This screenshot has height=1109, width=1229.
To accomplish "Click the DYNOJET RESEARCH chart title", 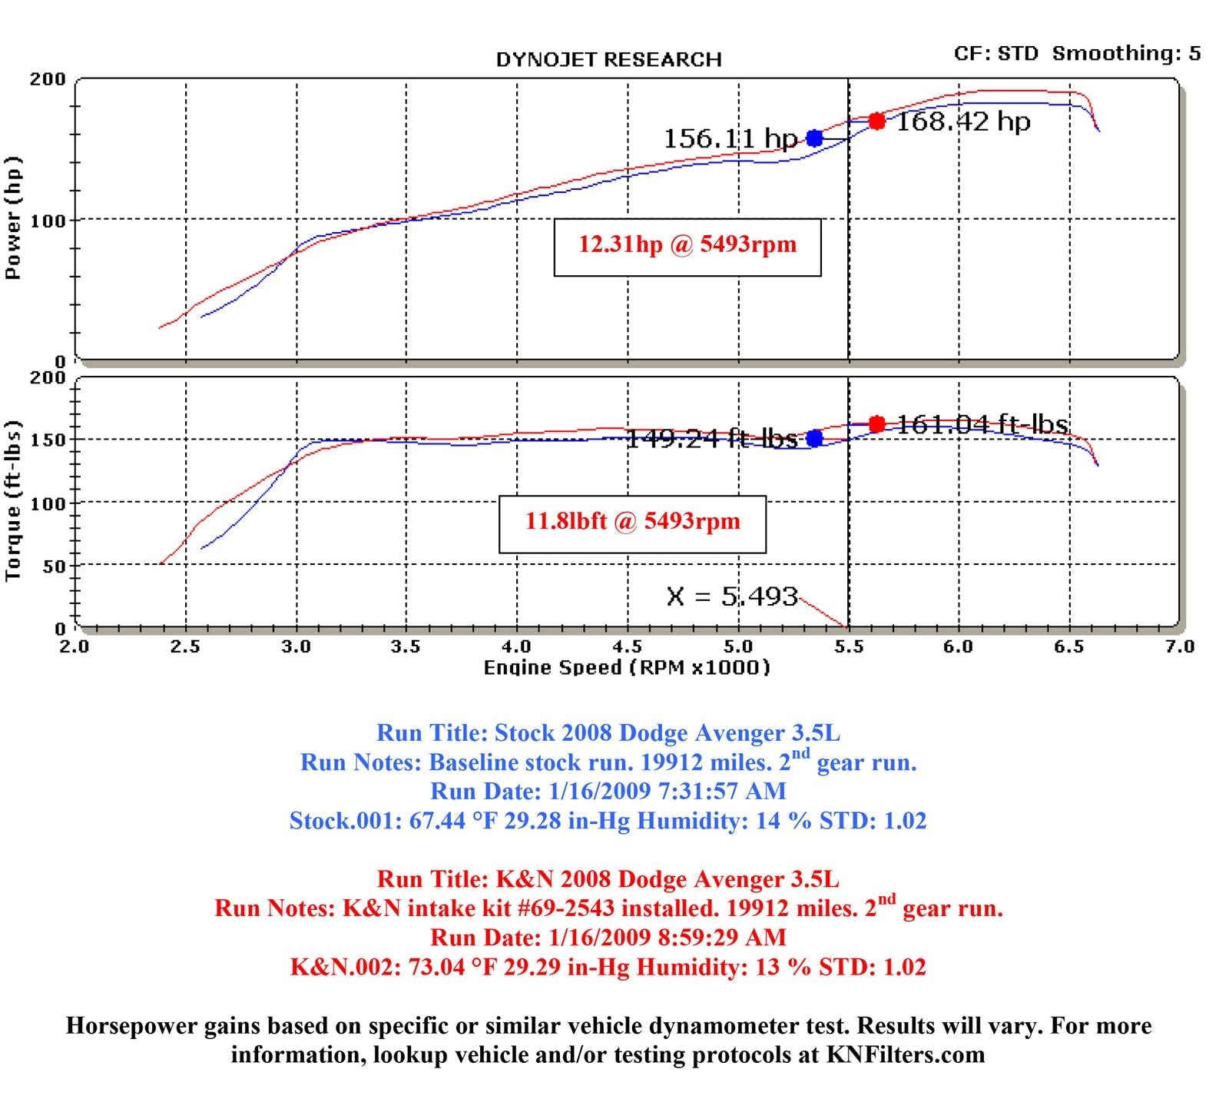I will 608,60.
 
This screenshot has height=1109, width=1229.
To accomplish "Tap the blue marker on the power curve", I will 814,138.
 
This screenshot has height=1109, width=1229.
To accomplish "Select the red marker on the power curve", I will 876,121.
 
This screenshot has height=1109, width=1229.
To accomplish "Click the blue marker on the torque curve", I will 814,438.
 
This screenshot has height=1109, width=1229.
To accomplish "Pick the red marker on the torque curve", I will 876,424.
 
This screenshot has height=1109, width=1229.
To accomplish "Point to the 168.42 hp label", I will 963,121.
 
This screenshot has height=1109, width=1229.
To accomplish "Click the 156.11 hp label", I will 730,139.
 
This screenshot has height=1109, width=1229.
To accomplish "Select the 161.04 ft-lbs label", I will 982,424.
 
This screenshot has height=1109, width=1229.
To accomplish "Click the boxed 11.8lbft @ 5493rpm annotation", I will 632,523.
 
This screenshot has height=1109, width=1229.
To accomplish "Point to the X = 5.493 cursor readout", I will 732,596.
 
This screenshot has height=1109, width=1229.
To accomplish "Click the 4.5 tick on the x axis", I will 628,647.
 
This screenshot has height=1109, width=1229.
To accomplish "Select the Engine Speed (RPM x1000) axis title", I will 626,667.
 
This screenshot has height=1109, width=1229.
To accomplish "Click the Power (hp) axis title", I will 13,218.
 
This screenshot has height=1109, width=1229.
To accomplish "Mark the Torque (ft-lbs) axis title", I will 13,501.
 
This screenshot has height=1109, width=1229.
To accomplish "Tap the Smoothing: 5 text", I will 1126,53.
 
